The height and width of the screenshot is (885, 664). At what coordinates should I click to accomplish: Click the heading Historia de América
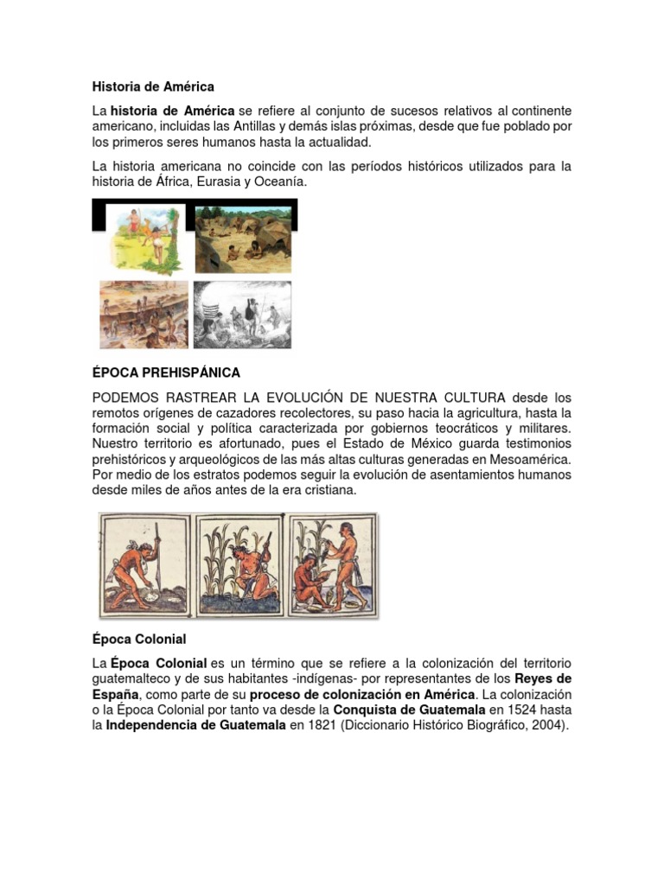pyautogui.click(x=153, y=86)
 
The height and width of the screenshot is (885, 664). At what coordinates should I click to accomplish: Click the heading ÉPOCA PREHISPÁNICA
pyautogui.click(x=166, y=372)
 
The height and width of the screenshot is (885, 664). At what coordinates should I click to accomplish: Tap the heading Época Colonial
pyautogui.click(x=139, y=639)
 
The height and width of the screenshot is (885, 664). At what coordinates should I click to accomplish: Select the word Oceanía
pyautogui.click(x=278, y=181)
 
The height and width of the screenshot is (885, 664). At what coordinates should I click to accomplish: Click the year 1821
pyautogui.click(x=324, y=726)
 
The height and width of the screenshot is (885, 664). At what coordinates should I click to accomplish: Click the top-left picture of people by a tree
pyautogui.click(x=144, y=237)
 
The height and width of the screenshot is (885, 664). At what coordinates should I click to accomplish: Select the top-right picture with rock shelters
pyautogui.click(x=243, y=239)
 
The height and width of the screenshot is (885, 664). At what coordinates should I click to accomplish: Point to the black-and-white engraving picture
pyautogui.click(x=242, y=313)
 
